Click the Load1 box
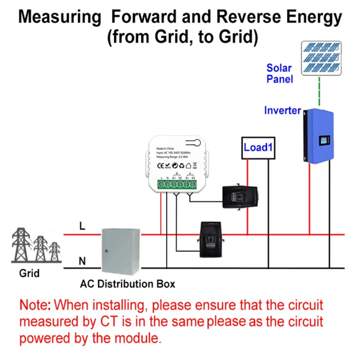click(x=257, y=148)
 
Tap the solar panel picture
click(x=320, y=57)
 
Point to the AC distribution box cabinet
click(x=119, y=251)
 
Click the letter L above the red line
click(x=82, y=227)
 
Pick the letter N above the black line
click(x=82, y=261)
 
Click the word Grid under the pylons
click(x=29, y=273)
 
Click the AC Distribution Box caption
click(x=127, y=284)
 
